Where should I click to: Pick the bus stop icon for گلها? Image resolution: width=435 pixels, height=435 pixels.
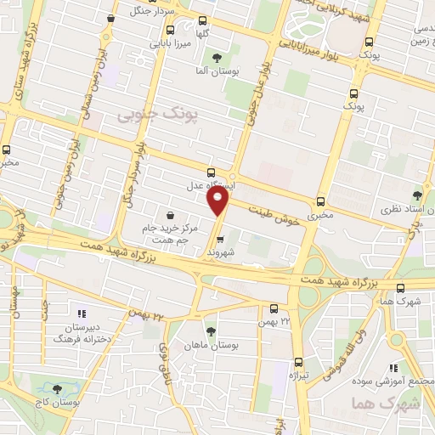point(201,21)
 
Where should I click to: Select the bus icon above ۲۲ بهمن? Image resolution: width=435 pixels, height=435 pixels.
point(273,308)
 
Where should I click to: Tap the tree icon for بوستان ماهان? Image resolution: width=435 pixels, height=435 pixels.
point(211,330)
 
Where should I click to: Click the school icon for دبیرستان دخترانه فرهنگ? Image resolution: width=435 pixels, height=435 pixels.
point(82,313)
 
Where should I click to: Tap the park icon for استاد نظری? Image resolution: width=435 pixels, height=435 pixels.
point(416,195)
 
